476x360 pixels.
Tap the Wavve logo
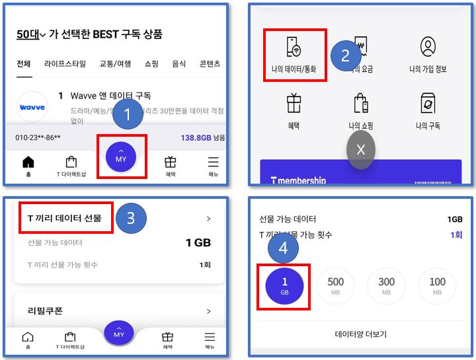32,106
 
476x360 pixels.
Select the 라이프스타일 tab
65,64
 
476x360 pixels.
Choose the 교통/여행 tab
115,64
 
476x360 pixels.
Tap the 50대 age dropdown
30,34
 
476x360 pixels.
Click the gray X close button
360,150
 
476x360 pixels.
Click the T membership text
299,180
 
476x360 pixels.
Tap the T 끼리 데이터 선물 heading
64,218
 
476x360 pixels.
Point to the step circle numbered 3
130,218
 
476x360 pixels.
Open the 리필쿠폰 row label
45,310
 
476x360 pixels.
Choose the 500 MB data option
336,285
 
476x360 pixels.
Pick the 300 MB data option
386,285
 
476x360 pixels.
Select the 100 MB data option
437,285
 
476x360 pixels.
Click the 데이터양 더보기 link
360,334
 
